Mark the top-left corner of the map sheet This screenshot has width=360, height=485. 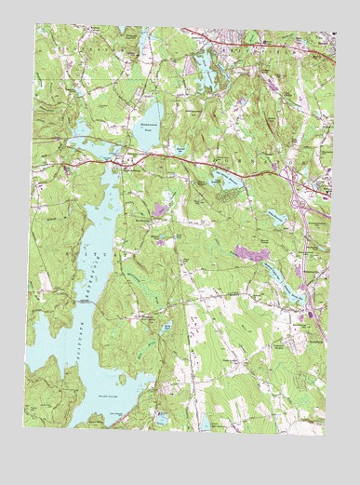(37, 24)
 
